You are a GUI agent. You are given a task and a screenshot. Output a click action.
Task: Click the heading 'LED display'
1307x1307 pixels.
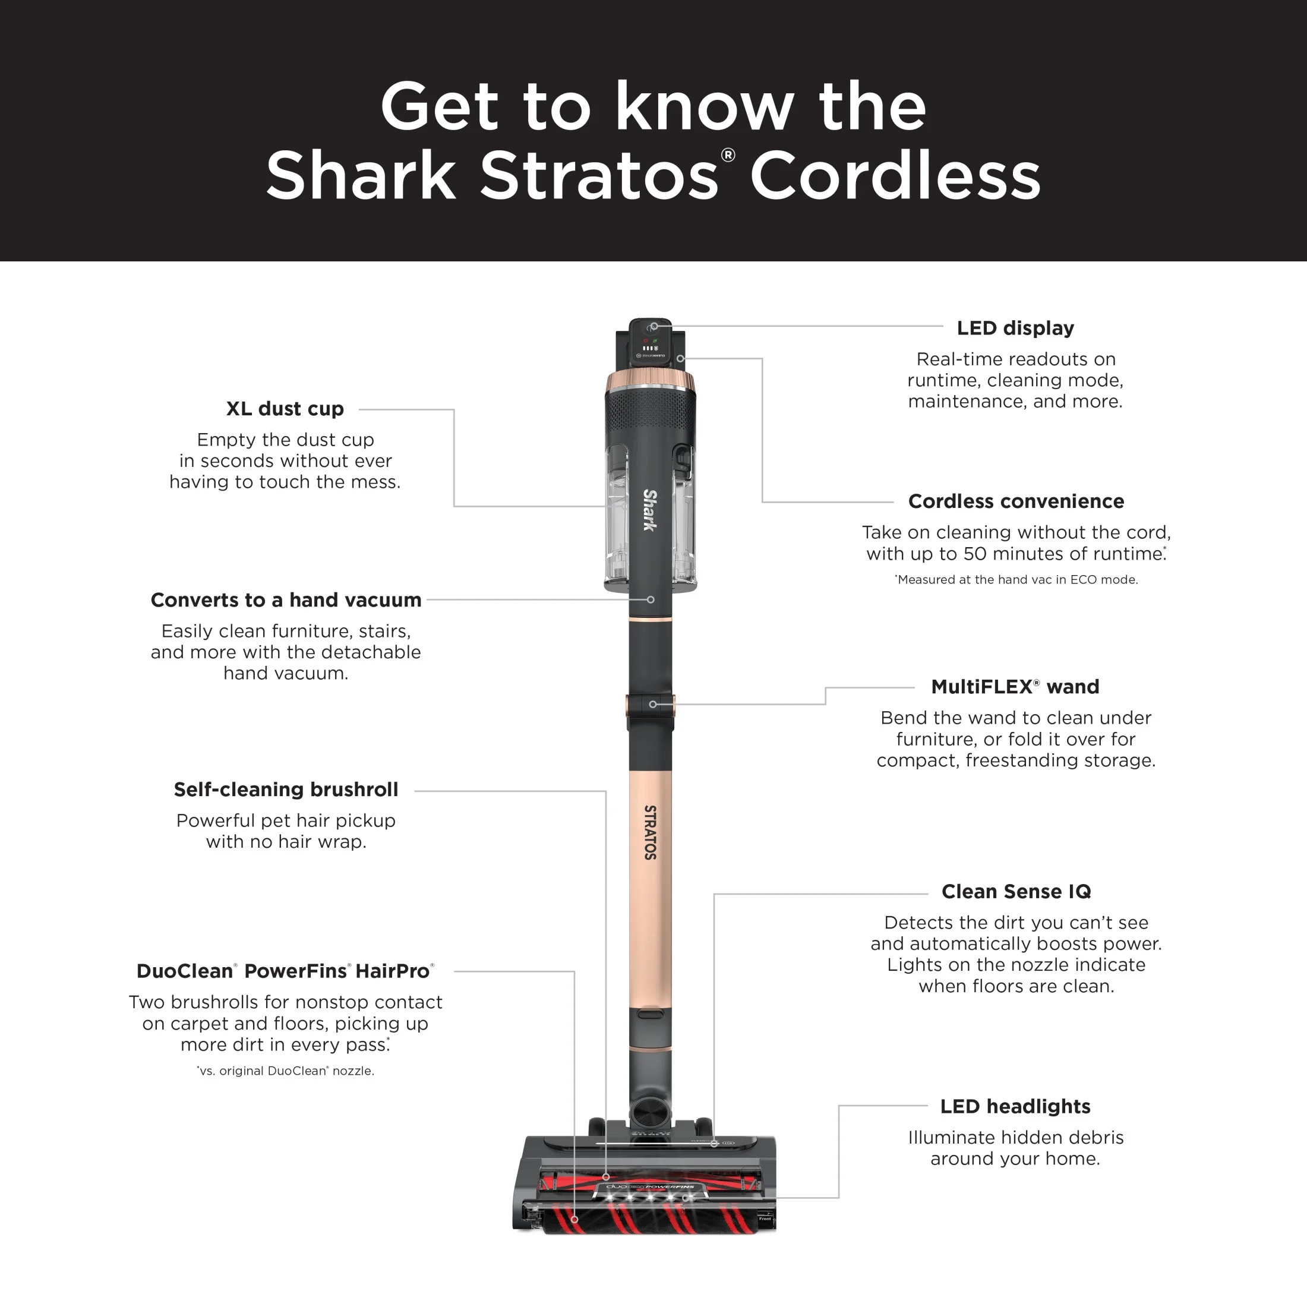click(1015, 328)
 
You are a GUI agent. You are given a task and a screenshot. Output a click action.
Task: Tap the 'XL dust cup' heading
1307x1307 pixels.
click(285, 409)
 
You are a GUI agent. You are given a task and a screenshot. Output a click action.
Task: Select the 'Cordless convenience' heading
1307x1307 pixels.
click(1015, 501)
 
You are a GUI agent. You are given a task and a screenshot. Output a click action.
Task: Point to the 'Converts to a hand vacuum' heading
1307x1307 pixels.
click(286, 600)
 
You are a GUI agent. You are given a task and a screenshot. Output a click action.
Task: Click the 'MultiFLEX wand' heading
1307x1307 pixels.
click(1015, 687)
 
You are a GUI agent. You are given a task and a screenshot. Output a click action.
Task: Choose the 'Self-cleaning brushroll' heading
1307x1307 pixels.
click(286, 790)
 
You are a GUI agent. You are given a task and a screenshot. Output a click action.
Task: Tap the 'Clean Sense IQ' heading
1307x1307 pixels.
click(1015, 892)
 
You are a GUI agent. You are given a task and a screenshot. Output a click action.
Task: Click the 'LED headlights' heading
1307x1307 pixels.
click(1015, 1106)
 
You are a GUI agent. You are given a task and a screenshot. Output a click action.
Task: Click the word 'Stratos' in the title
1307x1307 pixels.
click(599, 175)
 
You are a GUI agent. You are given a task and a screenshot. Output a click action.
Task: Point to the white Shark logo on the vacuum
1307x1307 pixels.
click(649, 510)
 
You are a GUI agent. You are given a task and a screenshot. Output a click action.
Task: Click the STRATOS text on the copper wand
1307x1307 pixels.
click(650, 832)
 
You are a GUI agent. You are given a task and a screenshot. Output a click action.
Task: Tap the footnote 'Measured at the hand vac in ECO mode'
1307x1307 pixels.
click(1016, 580)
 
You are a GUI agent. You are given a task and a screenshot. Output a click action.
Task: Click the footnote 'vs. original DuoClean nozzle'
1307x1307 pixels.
click(286, 1071)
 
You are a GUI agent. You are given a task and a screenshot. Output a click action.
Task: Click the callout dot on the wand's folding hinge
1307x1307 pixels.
click(653, 704)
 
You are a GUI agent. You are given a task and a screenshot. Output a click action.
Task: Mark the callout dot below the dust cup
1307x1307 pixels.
click(651, 599)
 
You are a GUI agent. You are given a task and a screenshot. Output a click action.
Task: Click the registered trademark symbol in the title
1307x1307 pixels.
click(728, 155)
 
